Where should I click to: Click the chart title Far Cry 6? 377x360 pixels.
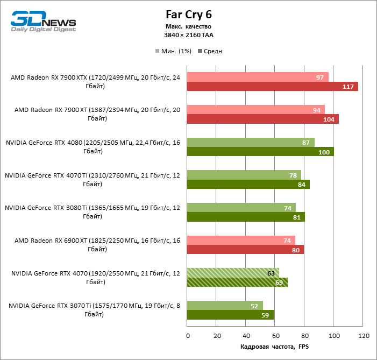(x=188, y=15)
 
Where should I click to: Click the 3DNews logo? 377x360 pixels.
(x=44, y=22)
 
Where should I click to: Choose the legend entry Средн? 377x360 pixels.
(x=211, y=51)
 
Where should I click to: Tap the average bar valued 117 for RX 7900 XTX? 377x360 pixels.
(x=272, y=87)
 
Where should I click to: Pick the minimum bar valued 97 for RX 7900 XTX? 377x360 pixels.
(x=258, y=77)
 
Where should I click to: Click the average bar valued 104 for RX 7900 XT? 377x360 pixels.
(x=262, y=119)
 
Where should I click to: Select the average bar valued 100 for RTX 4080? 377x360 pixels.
(x=260, y=152)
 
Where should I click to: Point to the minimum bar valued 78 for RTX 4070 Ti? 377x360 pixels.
(x=244, y=175)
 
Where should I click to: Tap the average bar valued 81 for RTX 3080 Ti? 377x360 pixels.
(x=246, y=217)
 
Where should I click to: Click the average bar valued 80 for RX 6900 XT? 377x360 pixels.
(x=245, y=250)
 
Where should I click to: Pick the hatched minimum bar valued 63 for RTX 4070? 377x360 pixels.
(x=233, y=273)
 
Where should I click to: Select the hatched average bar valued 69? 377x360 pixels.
(x=237, y=282)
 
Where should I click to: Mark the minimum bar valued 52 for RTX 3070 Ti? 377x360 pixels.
(x=225, y=306)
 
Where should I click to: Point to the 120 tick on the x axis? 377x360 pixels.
(x=363, y=336)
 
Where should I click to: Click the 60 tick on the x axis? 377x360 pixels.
(x=275, y=336)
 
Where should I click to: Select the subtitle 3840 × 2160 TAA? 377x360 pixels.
(x=188, y=35)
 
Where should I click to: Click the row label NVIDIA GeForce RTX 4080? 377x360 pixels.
(x=93, y=147)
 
